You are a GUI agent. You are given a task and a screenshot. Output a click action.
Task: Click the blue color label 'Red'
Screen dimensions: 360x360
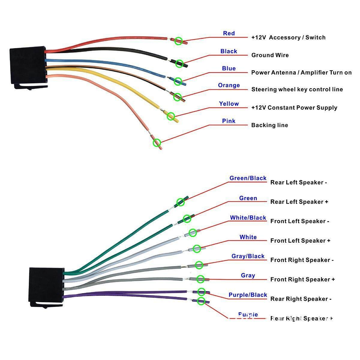(x=229, y=33)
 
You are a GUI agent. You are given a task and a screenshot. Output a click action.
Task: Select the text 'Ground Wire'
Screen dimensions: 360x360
(x=270, y=55)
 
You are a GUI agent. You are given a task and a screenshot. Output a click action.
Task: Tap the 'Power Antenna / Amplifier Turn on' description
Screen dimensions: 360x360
(x=301, y=73)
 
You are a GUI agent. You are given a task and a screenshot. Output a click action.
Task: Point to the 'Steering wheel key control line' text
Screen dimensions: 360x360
(x=297, y=89)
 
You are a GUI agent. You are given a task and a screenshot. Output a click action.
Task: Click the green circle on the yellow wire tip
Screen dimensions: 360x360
(x=171, y=116)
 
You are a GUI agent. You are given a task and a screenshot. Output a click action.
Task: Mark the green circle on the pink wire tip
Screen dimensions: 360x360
(x=157, y=142)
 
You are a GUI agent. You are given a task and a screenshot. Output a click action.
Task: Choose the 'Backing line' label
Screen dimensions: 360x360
(x=269, y=125)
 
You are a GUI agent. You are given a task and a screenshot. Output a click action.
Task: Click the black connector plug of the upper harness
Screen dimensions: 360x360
(x=28, y=66)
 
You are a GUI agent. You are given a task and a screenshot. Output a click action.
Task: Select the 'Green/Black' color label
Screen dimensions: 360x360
(x=248, y=178)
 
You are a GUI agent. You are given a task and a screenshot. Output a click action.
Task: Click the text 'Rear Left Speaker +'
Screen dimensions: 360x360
(x=299, y=202)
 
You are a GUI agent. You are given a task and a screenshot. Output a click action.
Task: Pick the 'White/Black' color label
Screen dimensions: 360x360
(x=248, y=218)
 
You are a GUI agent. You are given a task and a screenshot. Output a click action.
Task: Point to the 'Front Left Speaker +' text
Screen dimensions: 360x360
(x=300, y=241)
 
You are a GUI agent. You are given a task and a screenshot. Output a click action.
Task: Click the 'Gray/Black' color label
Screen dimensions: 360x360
(x=248, y=256)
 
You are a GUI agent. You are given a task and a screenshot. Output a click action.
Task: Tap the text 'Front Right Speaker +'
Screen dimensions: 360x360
(x=302, y=280)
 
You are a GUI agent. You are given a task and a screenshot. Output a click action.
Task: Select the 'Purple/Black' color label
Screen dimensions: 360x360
(x=248, y=295)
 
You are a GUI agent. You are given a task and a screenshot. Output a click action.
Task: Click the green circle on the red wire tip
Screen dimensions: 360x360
(x=178, y=41)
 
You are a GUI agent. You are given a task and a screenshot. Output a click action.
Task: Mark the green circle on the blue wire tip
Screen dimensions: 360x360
(x=178, y=81)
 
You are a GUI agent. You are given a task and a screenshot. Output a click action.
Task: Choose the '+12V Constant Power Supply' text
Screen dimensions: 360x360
(x=294, y=108)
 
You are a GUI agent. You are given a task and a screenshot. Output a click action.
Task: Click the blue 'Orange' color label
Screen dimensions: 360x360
(x=229, y=85)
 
